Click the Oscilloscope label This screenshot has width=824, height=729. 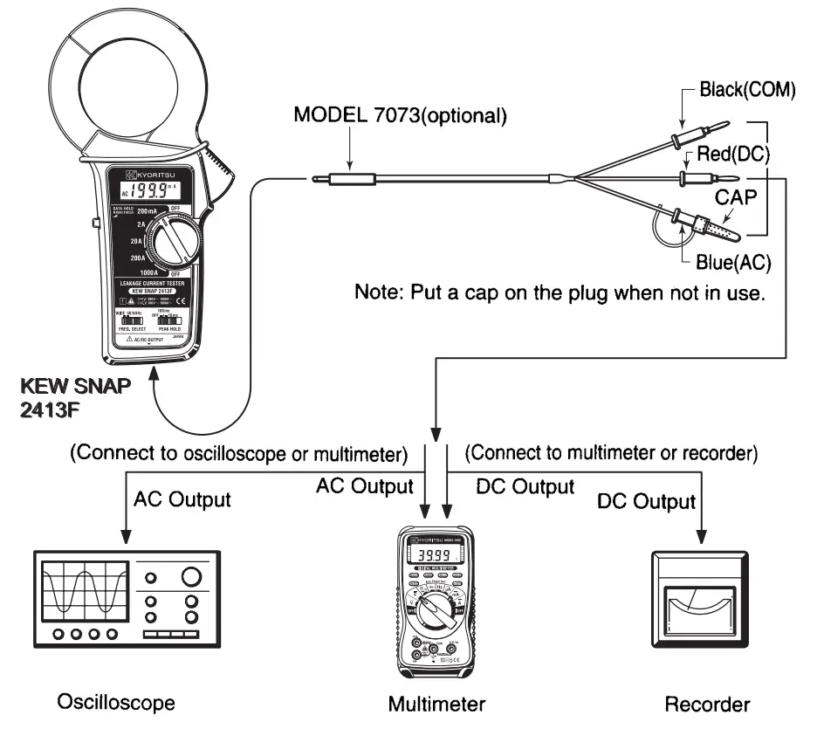(x=115, y=703)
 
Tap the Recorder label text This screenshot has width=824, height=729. (x=707, y=704)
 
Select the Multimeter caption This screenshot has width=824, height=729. (x=437, y=704)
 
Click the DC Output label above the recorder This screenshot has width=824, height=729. (x=646, y=501)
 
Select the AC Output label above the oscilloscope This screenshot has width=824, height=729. (x=182, y=499)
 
